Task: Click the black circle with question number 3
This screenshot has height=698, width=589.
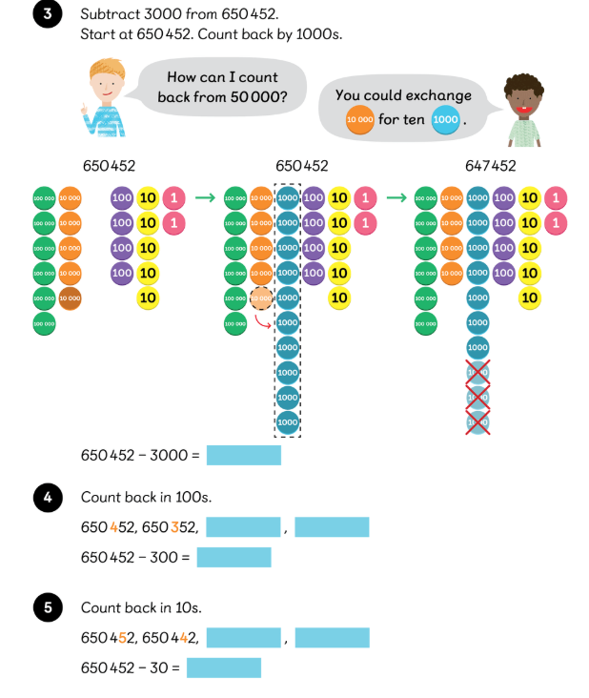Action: [45, 15]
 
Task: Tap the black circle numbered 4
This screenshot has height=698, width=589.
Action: [45, 497]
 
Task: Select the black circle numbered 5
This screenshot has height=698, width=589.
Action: [45, 607]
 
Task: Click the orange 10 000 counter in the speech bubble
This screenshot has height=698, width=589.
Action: [359, 120]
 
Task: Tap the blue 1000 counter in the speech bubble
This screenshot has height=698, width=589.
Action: [445, 120]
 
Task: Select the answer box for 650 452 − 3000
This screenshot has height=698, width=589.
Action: [243, 455]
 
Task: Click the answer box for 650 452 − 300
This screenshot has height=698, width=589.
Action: [234, 557]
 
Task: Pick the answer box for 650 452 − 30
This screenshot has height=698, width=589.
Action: [223, 667]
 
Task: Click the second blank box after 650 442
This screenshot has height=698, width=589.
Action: [332, 638]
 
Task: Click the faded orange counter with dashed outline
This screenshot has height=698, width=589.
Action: [260, 298]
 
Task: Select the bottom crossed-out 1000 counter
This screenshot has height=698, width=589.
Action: [477, 421]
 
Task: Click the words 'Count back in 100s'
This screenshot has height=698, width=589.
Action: [146, 497]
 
